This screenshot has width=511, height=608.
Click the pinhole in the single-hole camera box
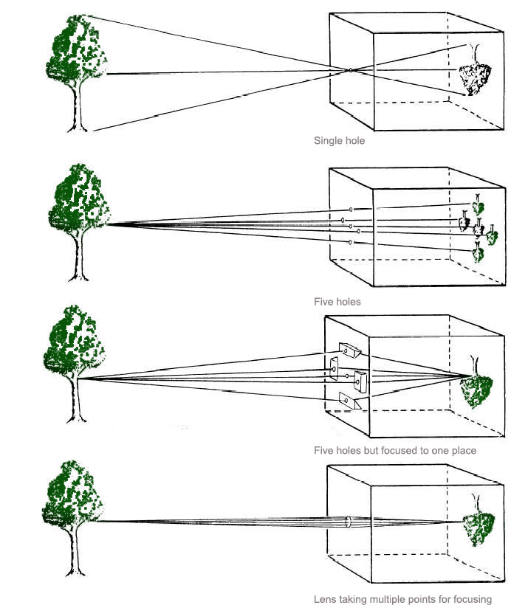click(350, 70)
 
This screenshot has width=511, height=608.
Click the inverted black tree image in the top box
click(475, 70)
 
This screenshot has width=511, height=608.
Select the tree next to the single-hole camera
click(77, 73)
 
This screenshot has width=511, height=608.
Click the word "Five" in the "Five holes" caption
click(322, 302)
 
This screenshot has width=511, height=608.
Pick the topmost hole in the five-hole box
click(351, 210)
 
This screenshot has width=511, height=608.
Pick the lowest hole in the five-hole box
click(350, 242)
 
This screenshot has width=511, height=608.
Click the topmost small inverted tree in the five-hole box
click(478, 204)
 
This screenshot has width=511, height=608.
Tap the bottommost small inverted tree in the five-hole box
click(478, 252)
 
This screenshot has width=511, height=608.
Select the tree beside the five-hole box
click(79, 222)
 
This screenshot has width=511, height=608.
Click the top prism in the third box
click(349, 350)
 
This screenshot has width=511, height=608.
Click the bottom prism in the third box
click(349, 401)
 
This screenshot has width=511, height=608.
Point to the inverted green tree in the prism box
click(476, 382)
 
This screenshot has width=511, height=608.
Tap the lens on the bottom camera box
click(348, 522)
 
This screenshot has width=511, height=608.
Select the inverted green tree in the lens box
click(479, 520)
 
